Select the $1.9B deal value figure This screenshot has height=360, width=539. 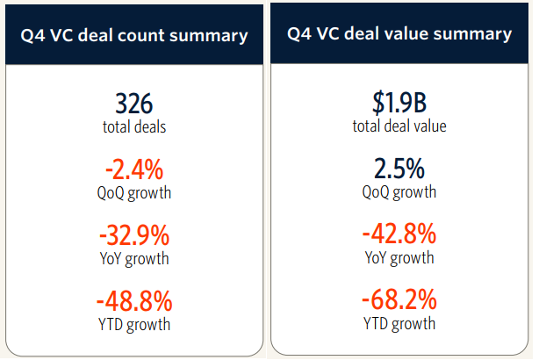coord(399,103)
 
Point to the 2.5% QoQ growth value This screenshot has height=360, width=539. coord(399,169)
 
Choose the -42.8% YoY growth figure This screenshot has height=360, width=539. coord(399,235)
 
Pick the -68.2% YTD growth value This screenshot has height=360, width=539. coord(399,300)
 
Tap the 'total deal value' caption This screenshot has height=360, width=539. coord(399,126)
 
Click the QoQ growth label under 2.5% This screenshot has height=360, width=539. coord(399,191)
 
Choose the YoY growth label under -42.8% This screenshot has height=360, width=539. coord(399,257)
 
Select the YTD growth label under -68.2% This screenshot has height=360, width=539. coord(399,323)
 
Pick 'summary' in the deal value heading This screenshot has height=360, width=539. coord(478,35)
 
